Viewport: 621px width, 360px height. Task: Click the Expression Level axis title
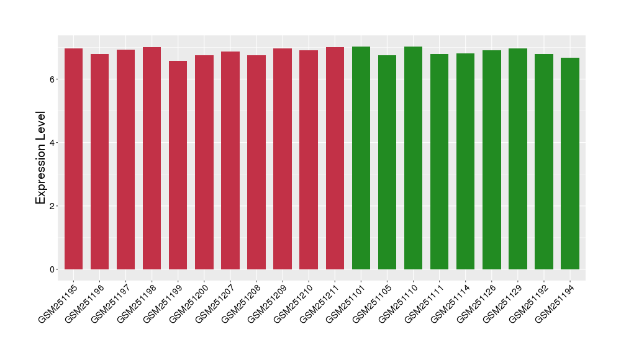pos(41,158)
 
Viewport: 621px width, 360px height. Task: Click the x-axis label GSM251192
pos(530,302)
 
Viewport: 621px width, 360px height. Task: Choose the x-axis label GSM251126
pos(478,302)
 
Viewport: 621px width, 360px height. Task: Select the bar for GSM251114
pos(465,161)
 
